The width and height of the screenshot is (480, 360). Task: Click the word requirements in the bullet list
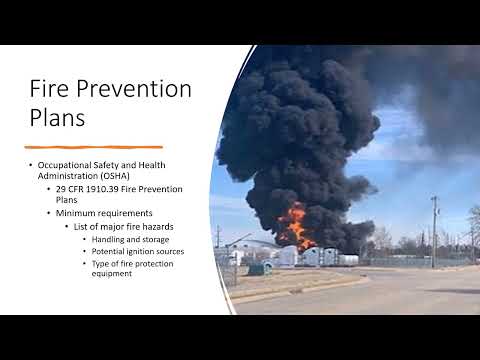click(x=125, y=212)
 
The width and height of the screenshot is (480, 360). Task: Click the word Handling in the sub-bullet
click(x=112, y=239)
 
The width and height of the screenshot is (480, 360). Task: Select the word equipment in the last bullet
click(x=113, y=273)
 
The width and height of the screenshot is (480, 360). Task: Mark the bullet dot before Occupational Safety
click(x=29, y=164)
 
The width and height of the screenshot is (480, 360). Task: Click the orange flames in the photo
click(x=296, y=224)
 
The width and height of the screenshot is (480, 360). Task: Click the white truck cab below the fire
click(x=309, y=256)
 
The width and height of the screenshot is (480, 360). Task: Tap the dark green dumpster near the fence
click(x=256, y=268)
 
